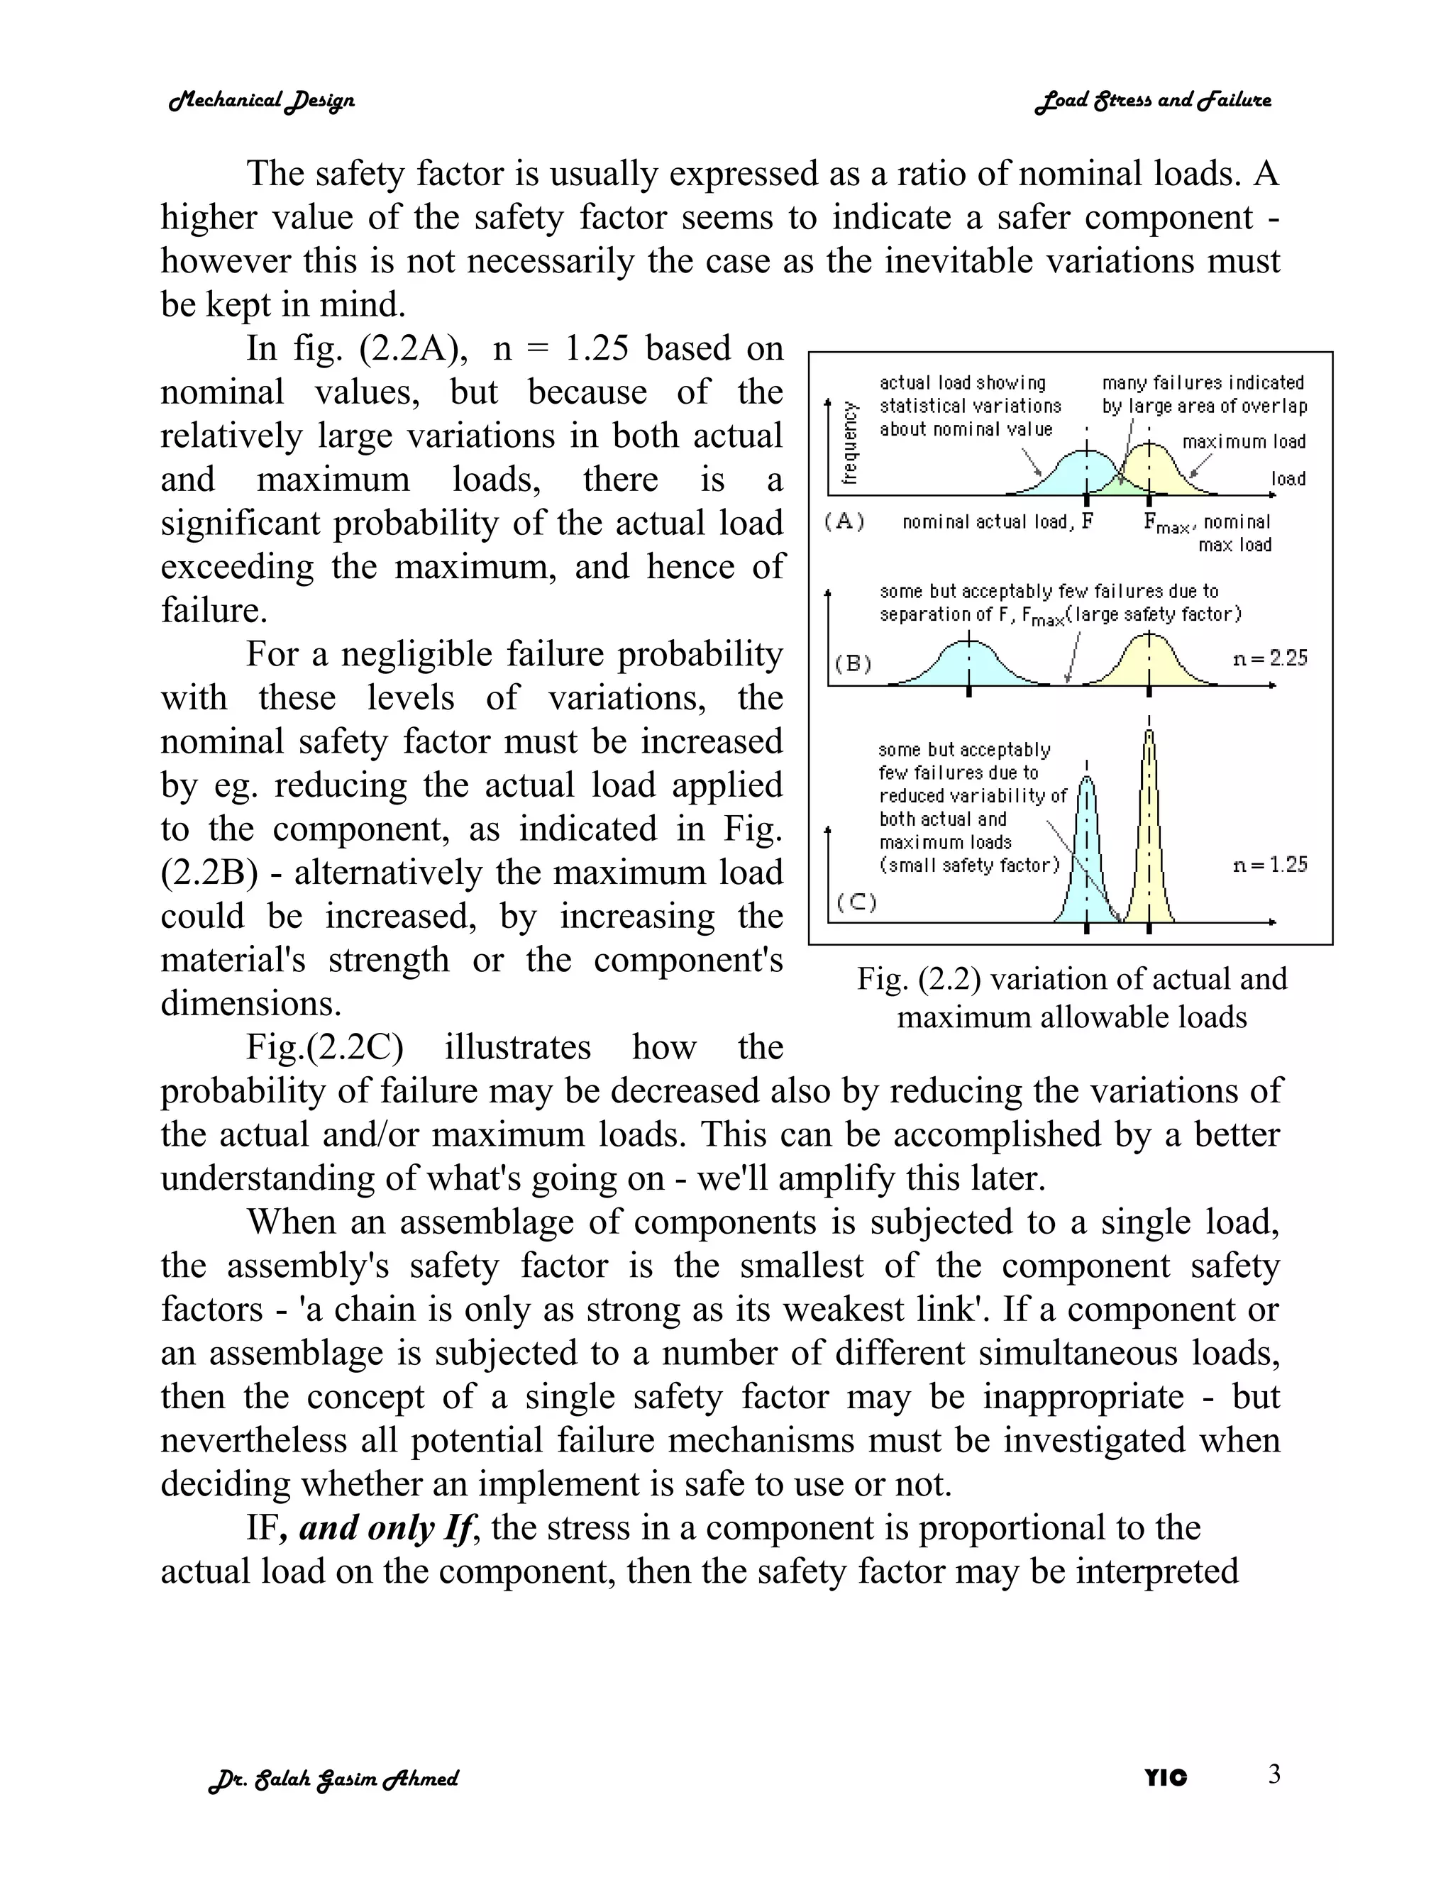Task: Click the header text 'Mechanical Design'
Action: tap(261, 101)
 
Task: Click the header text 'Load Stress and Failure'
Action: tap(1153, 101)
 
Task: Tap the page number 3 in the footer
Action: tap(1274, 1774)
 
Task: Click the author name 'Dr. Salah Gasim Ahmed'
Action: tap(333, 1779)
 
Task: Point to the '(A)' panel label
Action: tap(844, 521)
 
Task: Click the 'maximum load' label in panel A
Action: tap(1243, 441)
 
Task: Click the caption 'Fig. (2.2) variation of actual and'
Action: tap(1072, 979)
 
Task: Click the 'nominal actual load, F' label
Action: tap(997, 521)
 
